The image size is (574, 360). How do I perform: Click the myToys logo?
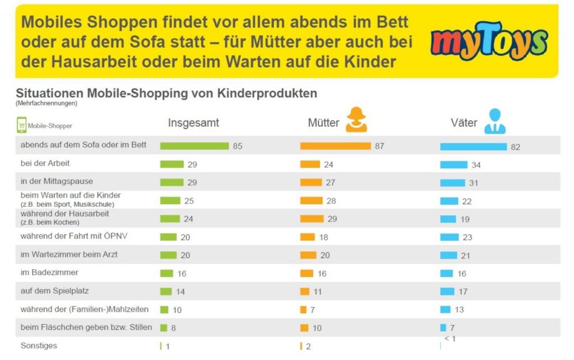[x=488, y=41]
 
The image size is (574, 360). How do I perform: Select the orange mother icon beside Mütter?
[x=357, y=120]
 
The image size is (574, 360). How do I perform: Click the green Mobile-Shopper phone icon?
[x=21, y=125]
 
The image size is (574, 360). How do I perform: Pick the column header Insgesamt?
[x=193, y=123]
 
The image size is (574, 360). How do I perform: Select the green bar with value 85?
[x=194, y=146]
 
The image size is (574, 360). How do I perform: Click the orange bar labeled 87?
[x=335, y=146]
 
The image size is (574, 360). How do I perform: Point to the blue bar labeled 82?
[x=473, y=146]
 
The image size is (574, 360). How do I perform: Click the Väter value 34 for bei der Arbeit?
[x=476, y=165]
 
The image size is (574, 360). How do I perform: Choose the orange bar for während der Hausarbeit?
[x=312, y=219]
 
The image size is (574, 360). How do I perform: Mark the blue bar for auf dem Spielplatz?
[x=447, y=291]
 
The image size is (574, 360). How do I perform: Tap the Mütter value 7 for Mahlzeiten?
[x=312, y=310]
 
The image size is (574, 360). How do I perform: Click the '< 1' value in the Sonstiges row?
[x=450, y=339]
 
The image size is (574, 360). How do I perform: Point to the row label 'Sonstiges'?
[x=39, y=345]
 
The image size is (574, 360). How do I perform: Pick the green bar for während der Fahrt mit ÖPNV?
[x=168, y=237]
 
